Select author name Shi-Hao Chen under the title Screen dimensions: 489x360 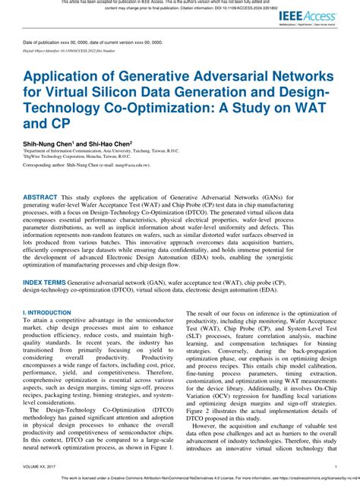click(x=110, y=142)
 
